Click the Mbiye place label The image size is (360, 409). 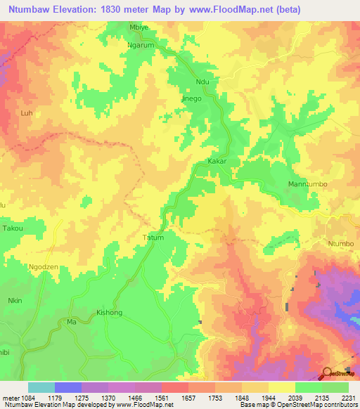[x=141, y=27]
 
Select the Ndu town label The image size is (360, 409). [x=203, y=82]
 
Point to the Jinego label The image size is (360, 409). [x=192, y=99]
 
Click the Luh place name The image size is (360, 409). [x=27, y=112]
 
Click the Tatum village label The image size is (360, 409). [x=153, y=238]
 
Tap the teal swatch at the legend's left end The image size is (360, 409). [x=41, y=387]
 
